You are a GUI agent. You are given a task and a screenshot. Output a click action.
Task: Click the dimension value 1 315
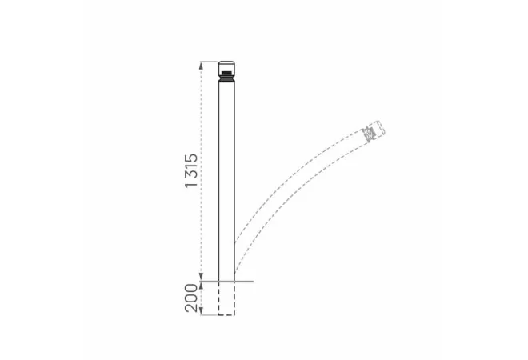192,170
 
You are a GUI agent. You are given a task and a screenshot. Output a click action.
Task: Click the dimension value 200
192,298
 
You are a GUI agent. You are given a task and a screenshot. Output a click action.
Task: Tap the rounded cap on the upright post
226,66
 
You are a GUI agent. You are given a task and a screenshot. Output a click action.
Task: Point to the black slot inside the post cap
226,73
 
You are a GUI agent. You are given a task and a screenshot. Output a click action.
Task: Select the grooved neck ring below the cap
226,78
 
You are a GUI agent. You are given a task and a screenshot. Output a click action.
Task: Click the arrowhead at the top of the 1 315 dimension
202,65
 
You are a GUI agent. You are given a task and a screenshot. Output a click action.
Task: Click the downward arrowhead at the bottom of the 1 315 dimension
202,277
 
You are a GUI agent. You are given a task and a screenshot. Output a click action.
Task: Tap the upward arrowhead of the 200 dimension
202,286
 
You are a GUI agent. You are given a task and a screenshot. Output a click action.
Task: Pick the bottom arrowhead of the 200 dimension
202,311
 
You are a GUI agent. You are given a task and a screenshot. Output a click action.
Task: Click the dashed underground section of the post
226,298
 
